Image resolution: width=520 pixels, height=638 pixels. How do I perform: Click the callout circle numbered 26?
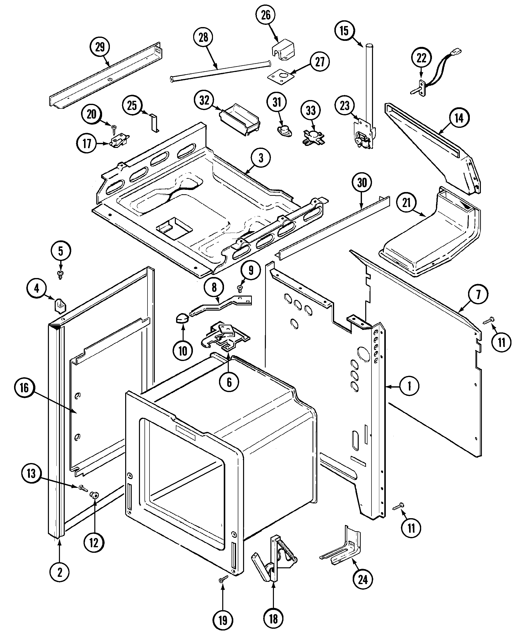pos(266,15)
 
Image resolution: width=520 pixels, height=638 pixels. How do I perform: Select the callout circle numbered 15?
pos(344,30)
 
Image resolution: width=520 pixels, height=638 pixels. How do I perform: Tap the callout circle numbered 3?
pos(261,157)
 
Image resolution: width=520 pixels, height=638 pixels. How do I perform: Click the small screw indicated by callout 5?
pos(60,274)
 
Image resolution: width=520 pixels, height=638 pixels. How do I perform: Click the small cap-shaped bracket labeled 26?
pos(283,50)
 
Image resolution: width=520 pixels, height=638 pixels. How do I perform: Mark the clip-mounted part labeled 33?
pos(313,137)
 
